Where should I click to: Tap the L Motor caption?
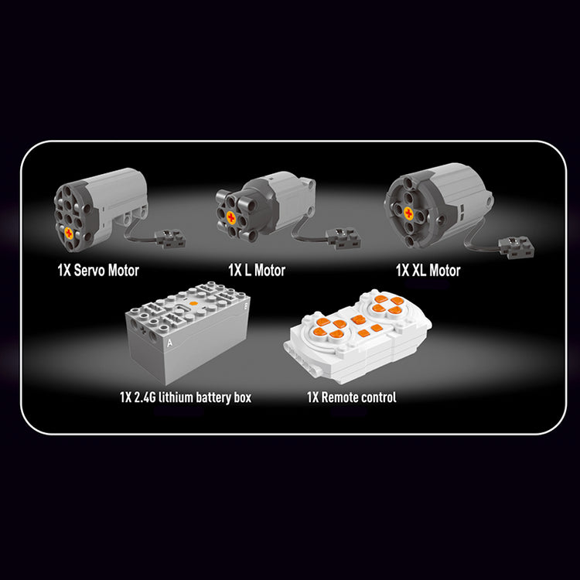(x=256, y=270)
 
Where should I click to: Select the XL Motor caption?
(x=428, y=270)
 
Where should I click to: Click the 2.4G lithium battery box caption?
(x=185, y=397)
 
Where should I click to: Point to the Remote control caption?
(x=352, y=397)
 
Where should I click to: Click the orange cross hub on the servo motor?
(x=70, y=232)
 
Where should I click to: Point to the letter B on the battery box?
(x=245, y=305)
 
